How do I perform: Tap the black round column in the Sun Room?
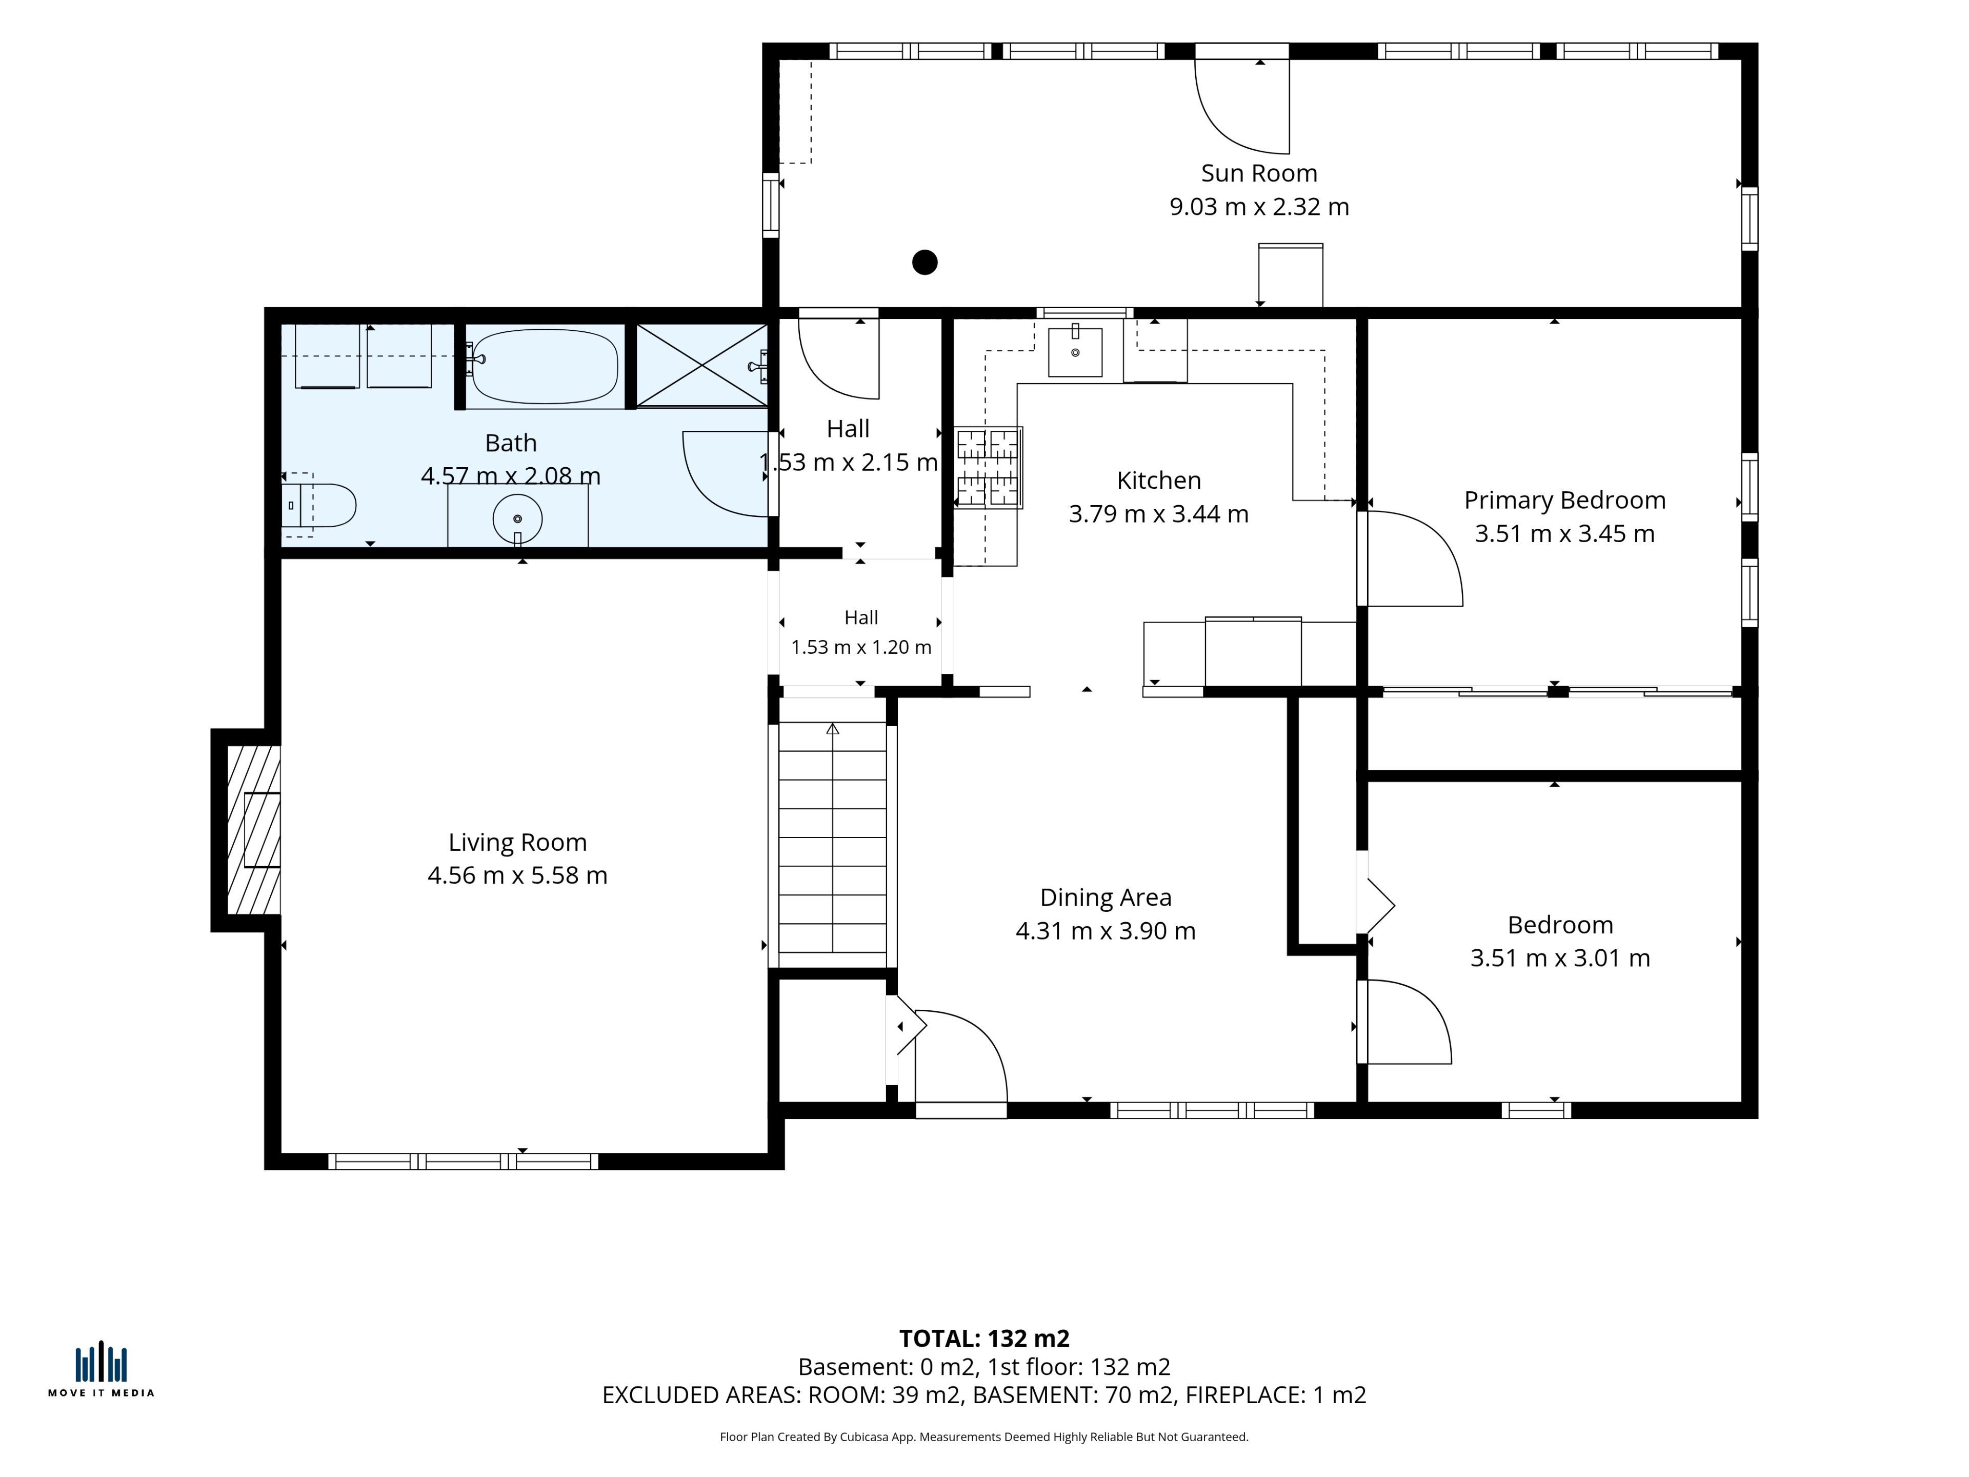point(925,263)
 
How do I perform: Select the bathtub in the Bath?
point(544,366)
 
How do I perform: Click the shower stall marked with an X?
point(702,365)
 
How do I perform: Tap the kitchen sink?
point(1075,352)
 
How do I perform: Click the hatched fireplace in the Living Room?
point(254,830)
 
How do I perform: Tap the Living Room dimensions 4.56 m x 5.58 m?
point(517,875)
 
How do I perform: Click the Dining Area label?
point(1106,897)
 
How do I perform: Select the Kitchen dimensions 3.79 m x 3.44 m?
point(1158,514)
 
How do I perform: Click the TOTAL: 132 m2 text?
point(985,1339)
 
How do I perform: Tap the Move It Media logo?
point(101,1369)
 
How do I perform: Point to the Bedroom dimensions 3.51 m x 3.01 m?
point(1559,958)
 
